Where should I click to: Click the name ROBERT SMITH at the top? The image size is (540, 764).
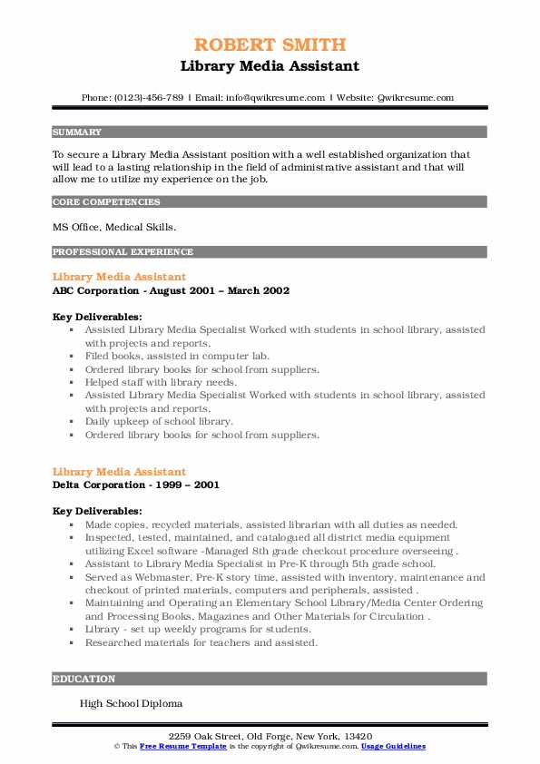point(270,44)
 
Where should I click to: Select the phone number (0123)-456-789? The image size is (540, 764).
point(149,97)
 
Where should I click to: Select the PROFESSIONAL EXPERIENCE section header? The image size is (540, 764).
point(123,251)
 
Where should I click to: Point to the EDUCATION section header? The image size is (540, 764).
point(83,678)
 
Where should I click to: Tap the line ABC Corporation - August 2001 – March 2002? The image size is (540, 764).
point(171,290)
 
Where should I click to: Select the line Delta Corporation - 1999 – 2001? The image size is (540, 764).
point(136,485)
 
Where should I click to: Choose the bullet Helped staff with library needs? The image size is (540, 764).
point(161,382)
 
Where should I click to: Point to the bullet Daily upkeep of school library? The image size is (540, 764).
point(159,421)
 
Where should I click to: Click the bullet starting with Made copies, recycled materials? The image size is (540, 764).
point(259,524)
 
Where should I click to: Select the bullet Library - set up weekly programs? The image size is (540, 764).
point(198,629)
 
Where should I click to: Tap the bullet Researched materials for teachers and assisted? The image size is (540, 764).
point(201,642)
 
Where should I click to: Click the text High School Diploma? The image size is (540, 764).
point(131,703)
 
